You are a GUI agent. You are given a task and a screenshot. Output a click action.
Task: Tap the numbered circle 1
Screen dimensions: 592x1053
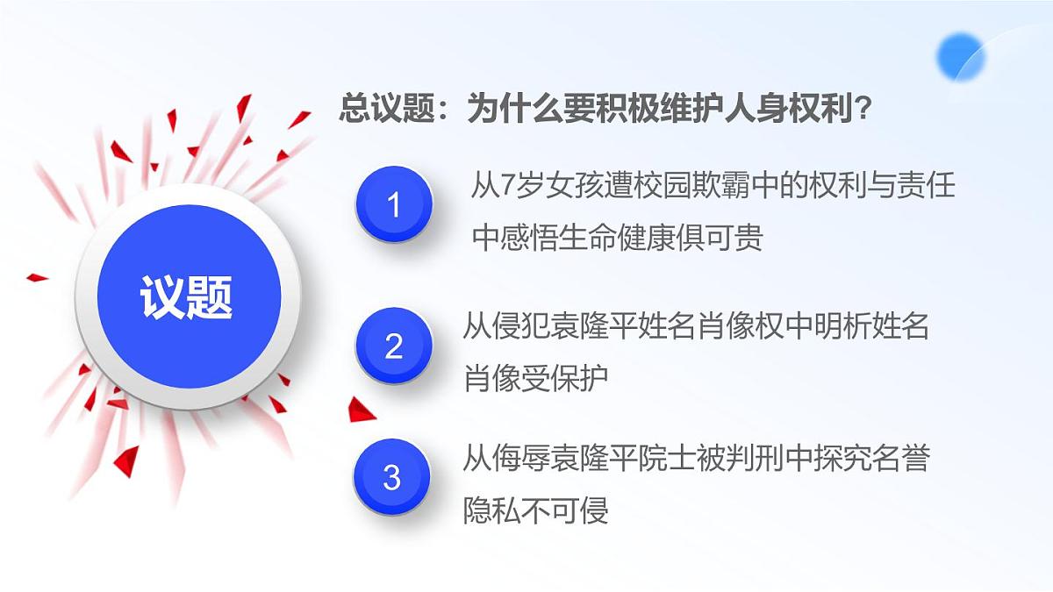tap(394, 205)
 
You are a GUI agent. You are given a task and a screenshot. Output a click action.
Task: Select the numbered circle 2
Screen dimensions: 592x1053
tap(394, 346)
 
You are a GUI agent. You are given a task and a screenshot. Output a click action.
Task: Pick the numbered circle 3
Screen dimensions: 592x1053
tap(392, 478)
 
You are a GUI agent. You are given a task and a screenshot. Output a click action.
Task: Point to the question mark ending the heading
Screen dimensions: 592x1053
tap(863, 111)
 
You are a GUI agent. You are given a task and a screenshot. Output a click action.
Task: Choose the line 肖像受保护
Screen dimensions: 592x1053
tap(535, 378)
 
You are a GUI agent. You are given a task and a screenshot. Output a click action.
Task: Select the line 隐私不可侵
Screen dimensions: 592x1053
tap(535, 510)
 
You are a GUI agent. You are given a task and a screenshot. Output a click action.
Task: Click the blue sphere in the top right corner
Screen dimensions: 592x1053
tap(961, 57)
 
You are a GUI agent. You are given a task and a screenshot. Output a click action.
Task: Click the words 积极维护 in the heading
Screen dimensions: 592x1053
tap(649, 111)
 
